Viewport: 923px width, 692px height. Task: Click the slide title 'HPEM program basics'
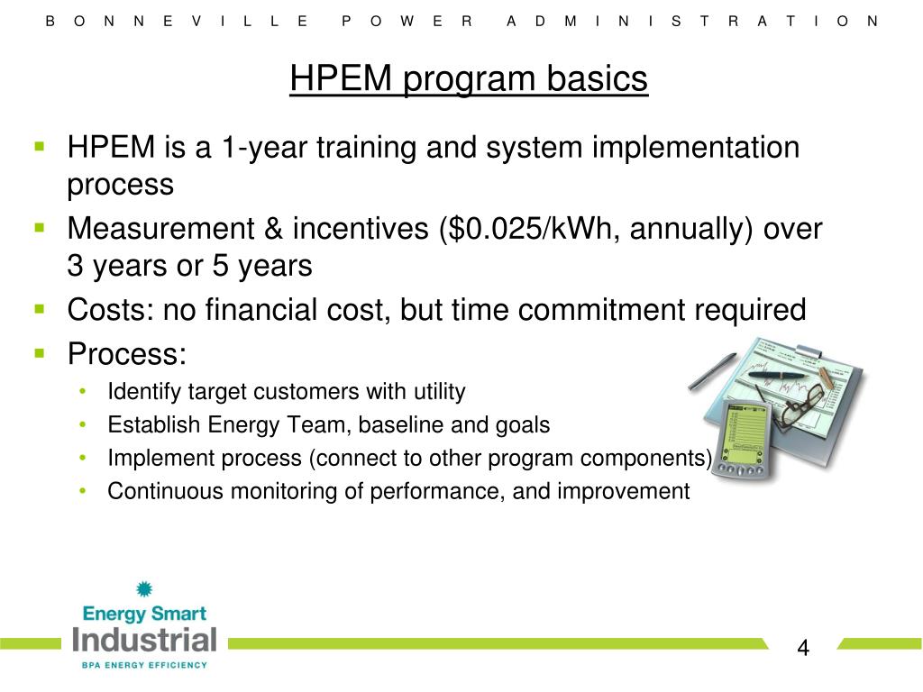click(469, 79)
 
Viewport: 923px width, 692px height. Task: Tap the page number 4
click(803, 648)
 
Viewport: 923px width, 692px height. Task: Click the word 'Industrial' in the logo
click(145, 641)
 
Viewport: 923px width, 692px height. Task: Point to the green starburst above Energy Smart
click(143, 590)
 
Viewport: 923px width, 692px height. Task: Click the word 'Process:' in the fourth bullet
click(127, 353)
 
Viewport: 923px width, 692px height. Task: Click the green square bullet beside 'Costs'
click(40, 309)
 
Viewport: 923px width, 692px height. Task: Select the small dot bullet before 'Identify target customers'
click(83, 392)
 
